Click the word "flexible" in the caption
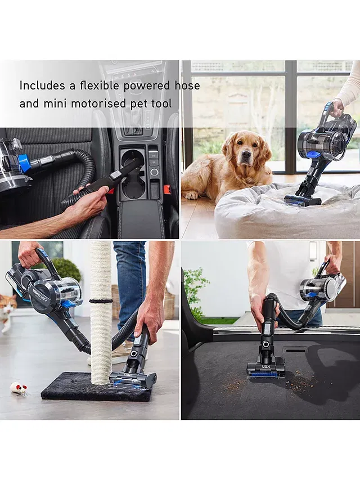click(x=100, y=85)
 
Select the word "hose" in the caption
click(x=187, y=86)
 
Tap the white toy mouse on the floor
click(x=19, y=388)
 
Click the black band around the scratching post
click(x=101, y=301)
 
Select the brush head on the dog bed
click(x=303, y=200)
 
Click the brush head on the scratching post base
click(x=133, y=380)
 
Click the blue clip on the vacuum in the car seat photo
click(x=24, y=163)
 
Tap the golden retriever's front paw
click(x=192, y=195)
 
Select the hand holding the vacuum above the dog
click(x=338, y=108)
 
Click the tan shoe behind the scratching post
click(x=119, y=354)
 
